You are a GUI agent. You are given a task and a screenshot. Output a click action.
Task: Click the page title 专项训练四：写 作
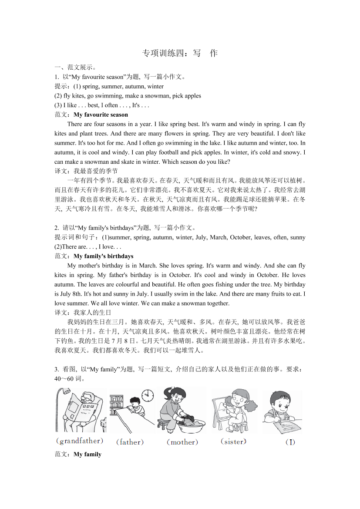click(x=180, y=54)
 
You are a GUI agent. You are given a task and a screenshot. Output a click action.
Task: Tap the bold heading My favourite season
click(x=101, y=115)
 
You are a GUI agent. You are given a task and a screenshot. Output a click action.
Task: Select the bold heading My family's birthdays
click(x=104, y=256)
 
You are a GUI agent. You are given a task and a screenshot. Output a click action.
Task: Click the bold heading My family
click(x=87, y=454)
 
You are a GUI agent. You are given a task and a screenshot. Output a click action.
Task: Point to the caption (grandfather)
click(x=80, y=441)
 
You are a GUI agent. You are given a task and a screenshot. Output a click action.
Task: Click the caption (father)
click(x=130, y=442)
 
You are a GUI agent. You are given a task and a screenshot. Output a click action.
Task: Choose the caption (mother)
click(x=182, y=442)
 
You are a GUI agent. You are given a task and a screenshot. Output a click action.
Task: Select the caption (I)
click(x=290, y=442)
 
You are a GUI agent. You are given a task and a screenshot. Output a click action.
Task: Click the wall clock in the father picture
click(x=148, y=395)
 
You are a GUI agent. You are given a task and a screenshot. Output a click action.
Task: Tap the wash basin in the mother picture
click(x=188, y=422)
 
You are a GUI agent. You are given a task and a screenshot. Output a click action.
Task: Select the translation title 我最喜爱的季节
click(x=96, y=171)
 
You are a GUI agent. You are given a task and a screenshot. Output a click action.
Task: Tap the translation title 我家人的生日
click(x=93, y=312)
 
